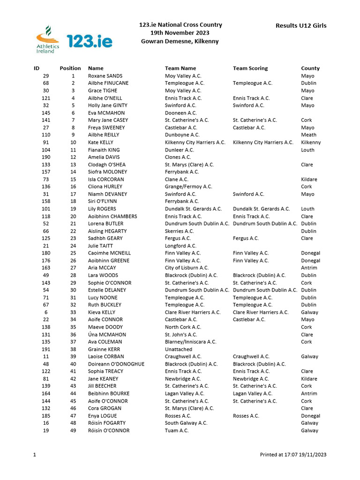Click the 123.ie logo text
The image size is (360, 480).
point(90,41)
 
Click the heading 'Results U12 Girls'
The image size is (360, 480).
point(301,25)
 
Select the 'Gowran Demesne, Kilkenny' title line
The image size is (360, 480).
point(180,41)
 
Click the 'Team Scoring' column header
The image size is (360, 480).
point(250,68)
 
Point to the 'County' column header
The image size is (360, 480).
point(310,68)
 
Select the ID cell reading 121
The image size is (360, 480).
point(45,98)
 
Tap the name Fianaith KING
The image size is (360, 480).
point(104,150)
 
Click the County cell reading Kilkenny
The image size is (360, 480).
point(311,142)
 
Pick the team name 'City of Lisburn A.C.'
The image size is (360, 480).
point(187,268)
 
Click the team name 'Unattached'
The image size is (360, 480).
point(179,349)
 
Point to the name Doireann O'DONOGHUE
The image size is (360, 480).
point(116,364)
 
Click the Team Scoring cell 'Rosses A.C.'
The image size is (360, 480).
point(246,416)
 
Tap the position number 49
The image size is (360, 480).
point(73,431)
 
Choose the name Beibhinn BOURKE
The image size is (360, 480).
point(109,394)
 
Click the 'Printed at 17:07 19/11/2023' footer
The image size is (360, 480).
point(293,455)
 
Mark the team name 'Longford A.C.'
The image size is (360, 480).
point(180,246)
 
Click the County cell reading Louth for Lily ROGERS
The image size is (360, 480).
point(307,209)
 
